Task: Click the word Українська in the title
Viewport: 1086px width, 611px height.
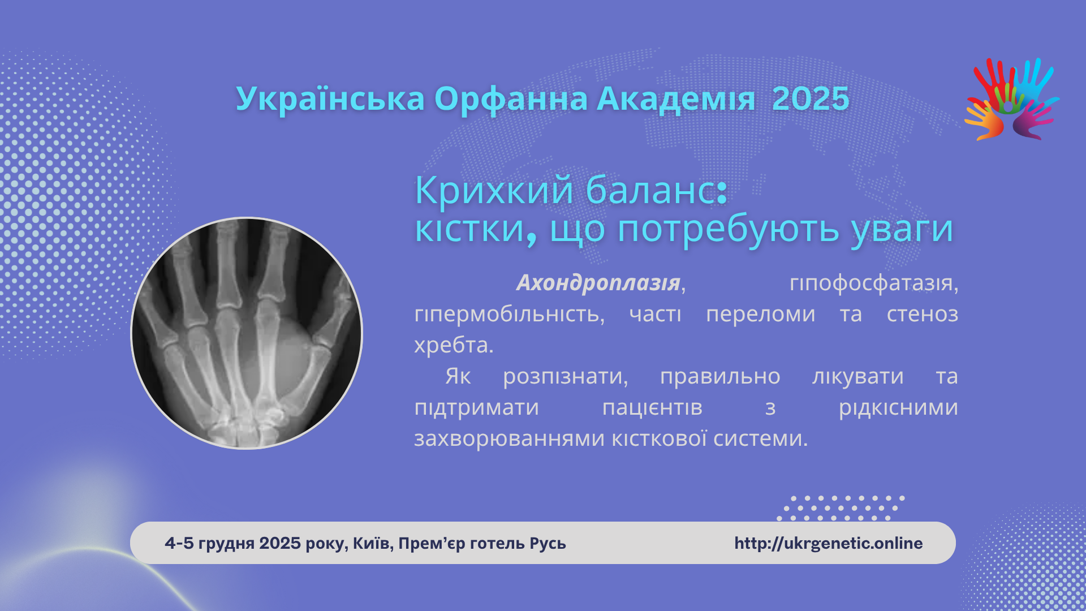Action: point(330,99)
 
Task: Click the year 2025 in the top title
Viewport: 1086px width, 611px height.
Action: point(811,99)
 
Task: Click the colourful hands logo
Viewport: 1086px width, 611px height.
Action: point(1011,99)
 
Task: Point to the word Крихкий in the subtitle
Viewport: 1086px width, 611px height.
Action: point(494,190)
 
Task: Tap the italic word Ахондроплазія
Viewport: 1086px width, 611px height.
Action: point(598,282)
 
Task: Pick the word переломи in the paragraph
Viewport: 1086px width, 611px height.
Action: point(761,315)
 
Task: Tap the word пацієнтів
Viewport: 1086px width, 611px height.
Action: point(652,407)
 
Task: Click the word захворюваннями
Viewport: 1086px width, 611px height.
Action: point(510,438)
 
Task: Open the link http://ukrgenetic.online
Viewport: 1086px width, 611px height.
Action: point(829,543)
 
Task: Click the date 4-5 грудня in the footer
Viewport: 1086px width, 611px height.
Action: point(210,543)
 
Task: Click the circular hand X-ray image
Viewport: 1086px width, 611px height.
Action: point(247,333)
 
